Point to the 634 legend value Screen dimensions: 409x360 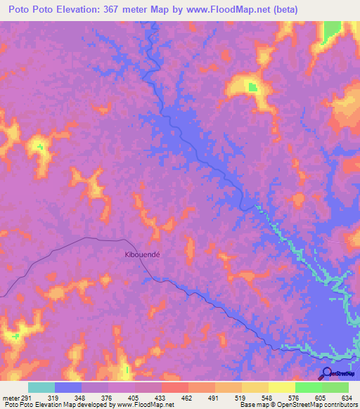point(347,397)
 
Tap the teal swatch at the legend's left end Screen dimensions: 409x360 point(41,387)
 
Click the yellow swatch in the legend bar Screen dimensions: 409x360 point(281,387)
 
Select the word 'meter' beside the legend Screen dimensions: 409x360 point(10,397)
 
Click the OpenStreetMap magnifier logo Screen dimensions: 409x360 point(326,373)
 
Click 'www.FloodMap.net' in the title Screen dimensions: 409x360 point(223,9)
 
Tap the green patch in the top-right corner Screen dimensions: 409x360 point(330,32)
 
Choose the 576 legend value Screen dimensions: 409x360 point(293,397)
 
